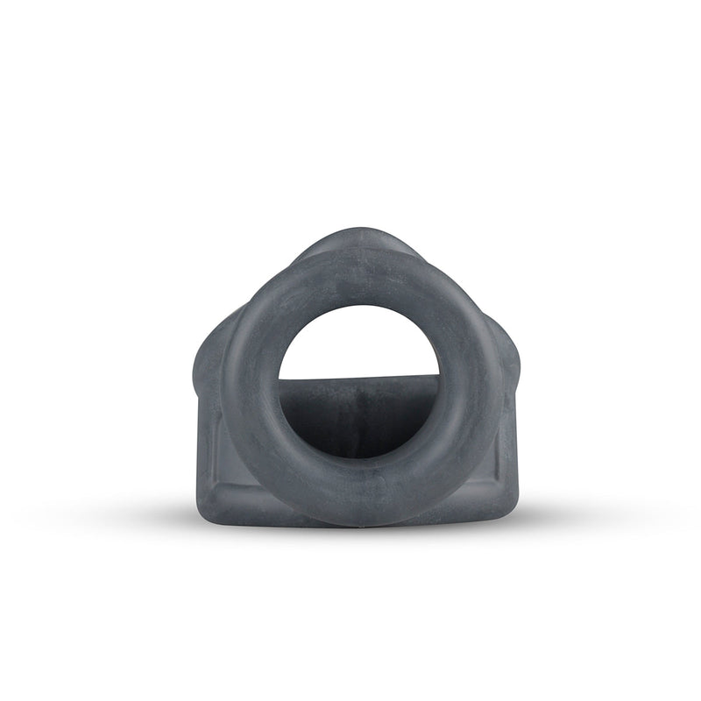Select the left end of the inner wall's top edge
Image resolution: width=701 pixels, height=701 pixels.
pos(283,380)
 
